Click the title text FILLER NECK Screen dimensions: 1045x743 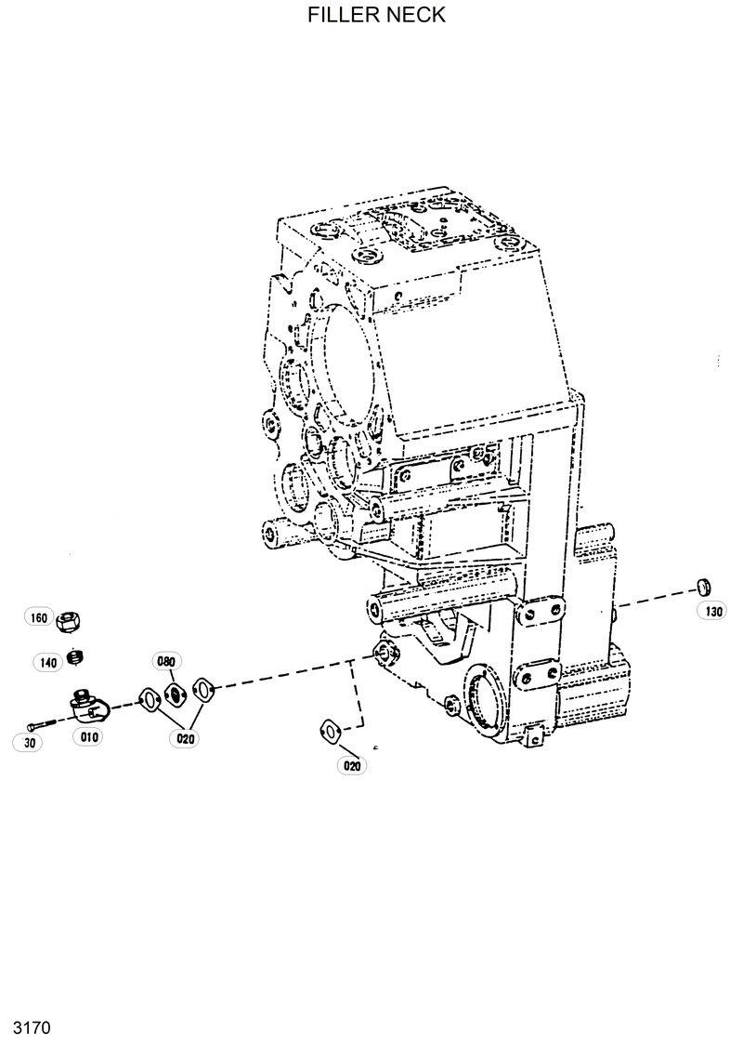376,15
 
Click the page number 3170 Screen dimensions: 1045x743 31,1027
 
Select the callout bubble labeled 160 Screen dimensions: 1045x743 38,618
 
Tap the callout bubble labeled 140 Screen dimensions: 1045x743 48,662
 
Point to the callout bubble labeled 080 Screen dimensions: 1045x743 166,662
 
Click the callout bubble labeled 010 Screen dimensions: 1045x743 89,736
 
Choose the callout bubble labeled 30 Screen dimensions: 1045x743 28,742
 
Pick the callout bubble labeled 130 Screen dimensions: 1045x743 713,611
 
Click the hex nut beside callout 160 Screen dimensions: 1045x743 69,620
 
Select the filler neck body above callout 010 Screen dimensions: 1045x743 90,708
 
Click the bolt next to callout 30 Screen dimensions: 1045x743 41,724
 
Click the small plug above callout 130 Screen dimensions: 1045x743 703,586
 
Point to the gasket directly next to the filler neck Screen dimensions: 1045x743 147,698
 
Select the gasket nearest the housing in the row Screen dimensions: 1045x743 202,687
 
